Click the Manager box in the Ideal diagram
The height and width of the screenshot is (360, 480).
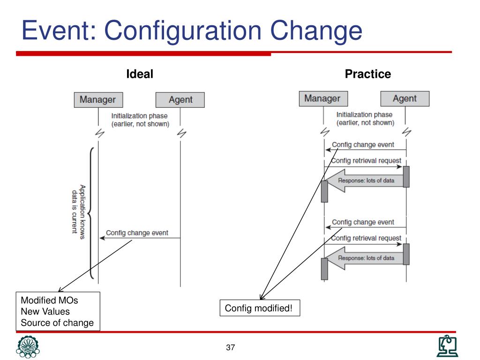(x=97, y=100)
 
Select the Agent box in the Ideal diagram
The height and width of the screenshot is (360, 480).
(x=180, y=100)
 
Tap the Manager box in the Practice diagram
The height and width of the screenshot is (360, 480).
(x=322, y=98)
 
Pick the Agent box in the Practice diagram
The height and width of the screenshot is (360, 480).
(x=405, y=98)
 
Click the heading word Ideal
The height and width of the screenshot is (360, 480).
(x=140, y=74)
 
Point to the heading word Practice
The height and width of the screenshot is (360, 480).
(x=367, y=74)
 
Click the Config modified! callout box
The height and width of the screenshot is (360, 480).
(x=259, y=308)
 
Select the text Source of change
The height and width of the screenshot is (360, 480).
(x=57, y=322)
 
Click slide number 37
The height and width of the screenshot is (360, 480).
(x=230, y=347)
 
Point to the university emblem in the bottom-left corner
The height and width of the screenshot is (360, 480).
(x=28, y=347)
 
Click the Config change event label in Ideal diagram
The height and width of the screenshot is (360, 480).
(x=137, y=232)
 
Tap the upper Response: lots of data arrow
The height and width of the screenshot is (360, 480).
(x=365, y=181)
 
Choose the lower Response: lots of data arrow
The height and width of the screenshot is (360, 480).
(x=365, y=258)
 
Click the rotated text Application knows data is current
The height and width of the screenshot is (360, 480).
(x=78, y=211)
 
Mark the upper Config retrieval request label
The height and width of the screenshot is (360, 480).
(x=366, y=160)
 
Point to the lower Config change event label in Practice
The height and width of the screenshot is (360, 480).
(x=363, y=222)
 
